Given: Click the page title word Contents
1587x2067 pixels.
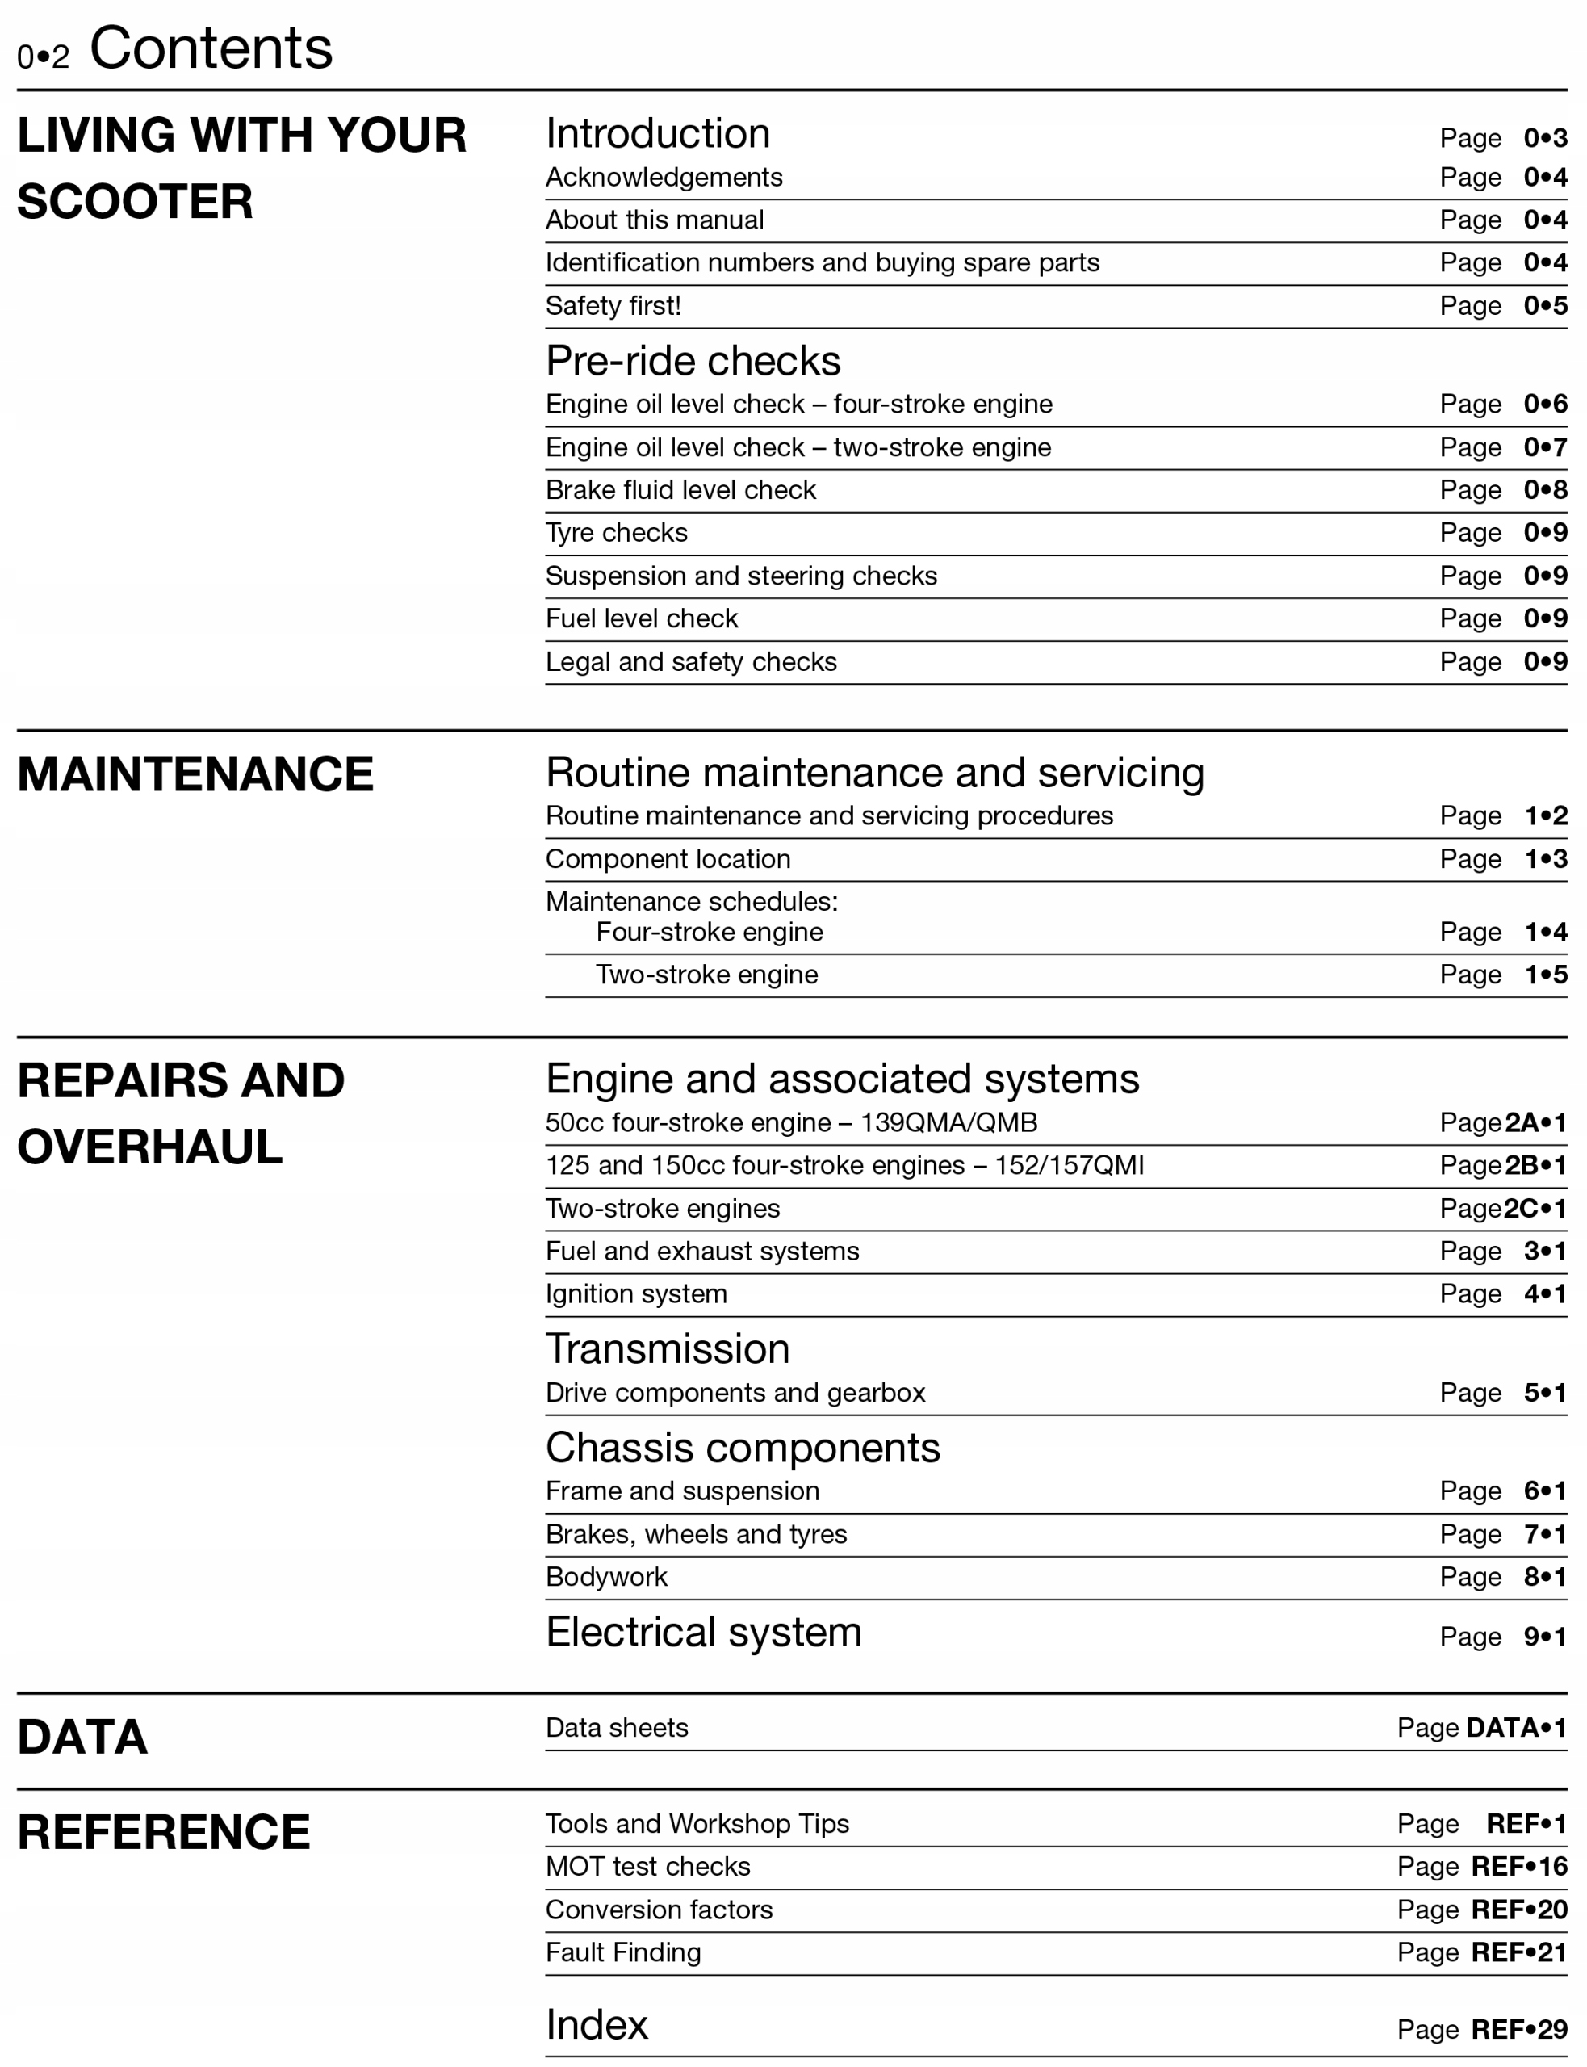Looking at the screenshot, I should pyautogui.click(x=211, y=48).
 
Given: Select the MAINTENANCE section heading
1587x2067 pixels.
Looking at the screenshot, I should pyautogui.click(x=195, y=774).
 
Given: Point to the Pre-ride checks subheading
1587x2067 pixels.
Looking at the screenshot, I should pyautogui.click(x=693, y=361).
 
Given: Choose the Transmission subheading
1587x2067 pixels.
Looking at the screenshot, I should pyautogui.click(x=667, y=1349).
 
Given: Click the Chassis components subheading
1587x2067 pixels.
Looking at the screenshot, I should pyautogui.click(x=743, y=1447).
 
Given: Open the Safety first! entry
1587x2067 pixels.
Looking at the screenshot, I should pyautogui.click(x=613, y=306).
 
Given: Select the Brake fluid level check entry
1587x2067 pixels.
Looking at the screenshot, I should pyautogui.click(x=680, y=490).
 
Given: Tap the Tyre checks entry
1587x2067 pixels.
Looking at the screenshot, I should pyautogui.click(x=616, y=533).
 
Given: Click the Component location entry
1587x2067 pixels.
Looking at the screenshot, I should pyautogui.click(x=668, y=860).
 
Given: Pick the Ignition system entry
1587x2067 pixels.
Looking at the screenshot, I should pyautogui.click(x=636, y=1294).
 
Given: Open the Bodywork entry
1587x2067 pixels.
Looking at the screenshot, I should pyautogui.click(x=605, y=1577).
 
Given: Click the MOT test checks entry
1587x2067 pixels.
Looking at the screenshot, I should pyautogui.click(x=647, y=1867).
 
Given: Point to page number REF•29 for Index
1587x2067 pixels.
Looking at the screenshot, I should pyautogui.click(x=1519, y=2029).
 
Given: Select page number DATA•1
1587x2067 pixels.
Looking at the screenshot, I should pyautogui.click(x=1515, y=1728).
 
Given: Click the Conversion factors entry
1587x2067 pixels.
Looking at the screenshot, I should pyautogui.click(x=659, y=1910).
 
